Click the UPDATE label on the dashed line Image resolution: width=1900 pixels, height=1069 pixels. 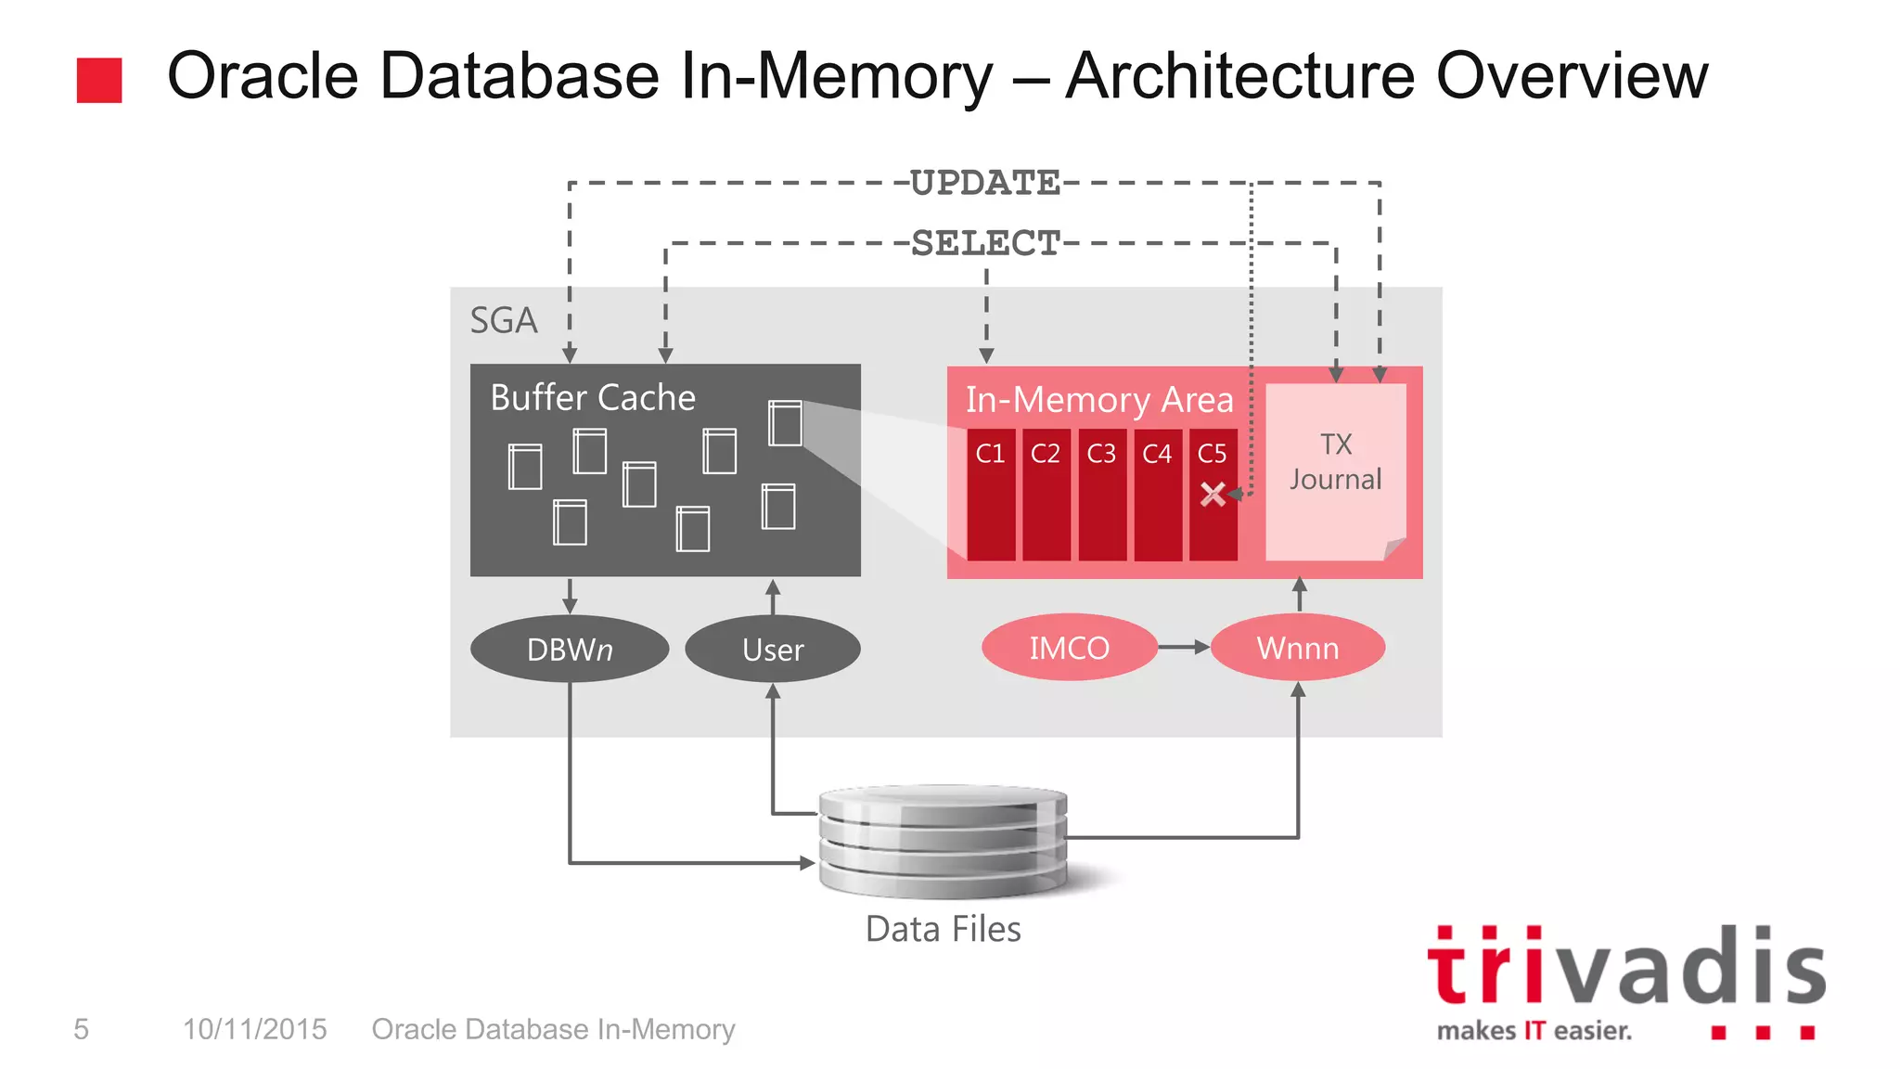click(984, 183)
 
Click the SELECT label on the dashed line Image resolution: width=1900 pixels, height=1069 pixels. click(985, 243)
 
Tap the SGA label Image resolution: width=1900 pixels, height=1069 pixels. click(503, 321)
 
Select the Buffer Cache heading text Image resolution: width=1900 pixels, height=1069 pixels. click(592, 398)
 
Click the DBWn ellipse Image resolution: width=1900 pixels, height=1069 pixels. click(569, 649)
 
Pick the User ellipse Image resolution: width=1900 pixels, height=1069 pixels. click(772, 649)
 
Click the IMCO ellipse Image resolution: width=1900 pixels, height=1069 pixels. click(1069, 648)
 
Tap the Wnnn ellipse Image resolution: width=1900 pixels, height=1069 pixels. click(1297, 648)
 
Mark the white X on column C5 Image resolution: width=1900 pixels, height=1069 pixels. click(1212, 494)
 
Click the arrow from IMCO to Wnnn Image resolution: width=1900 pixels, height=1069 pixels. click(1184, 647)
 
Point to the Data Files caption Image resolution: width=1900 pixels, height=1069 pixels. click(943, 929)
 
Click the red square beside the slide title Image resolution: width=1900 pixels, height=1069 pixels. click(99, 80)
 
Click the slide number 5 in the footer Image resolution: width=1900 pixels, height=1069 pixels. click(82, 1029)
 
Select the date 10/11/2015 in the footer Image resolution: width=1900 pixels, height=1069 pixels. click(254, 1029)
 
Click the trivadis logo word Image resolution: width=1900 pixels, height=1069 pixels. click(1625, 969)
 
